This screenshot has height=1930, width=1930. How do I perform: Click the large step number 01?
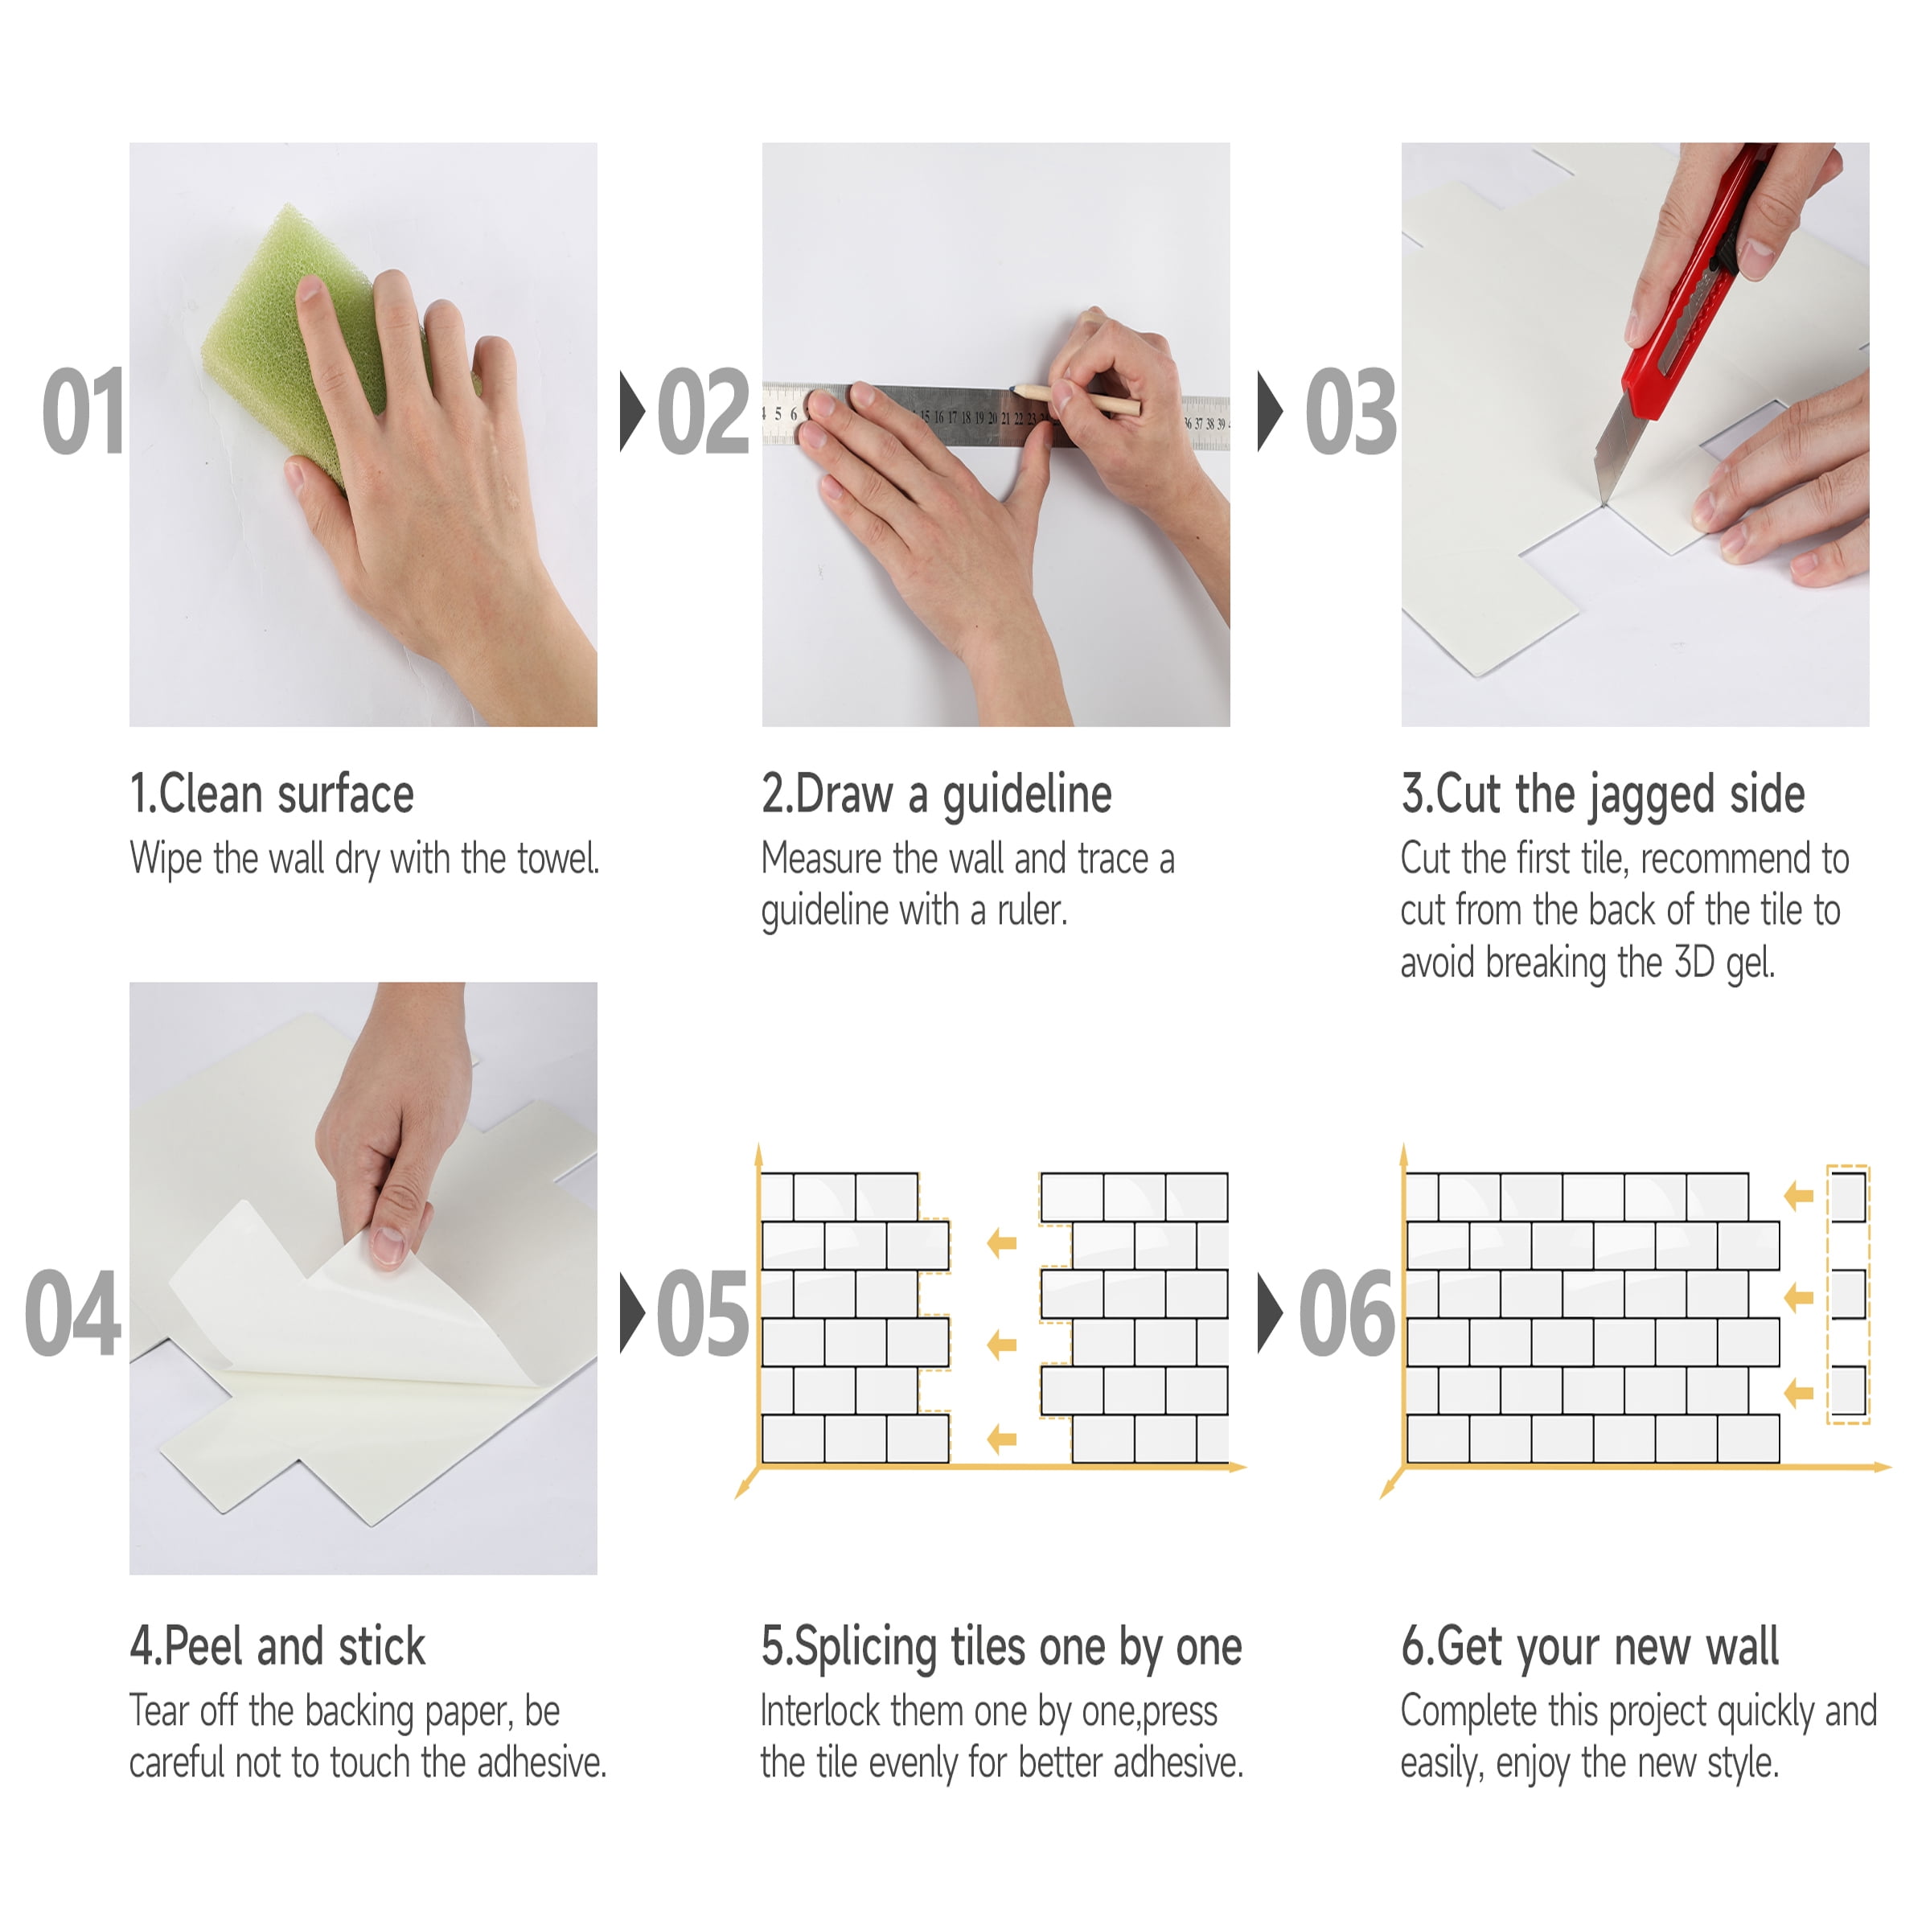(x=84, y=411)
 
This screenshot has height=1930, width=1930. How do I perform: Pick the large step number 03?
(x=1351, y=411)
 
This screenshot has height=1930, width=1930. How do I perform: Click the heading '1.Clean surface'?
(x=272, y=795)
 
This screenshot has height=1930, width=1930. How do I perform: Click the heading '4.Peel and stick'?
(x=277, y=1647)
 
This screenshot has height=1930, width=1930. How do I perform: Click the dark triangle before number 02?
(x=632, y=411)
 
